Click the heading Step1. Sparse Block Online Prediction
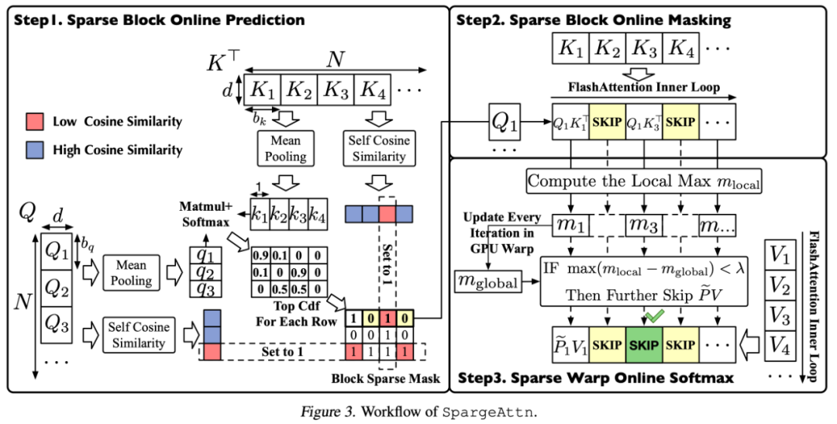[x=159, y=19]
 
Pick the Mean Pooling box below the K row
[x=285, y=147]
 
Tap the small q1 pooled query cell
[x=206, y=254]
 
